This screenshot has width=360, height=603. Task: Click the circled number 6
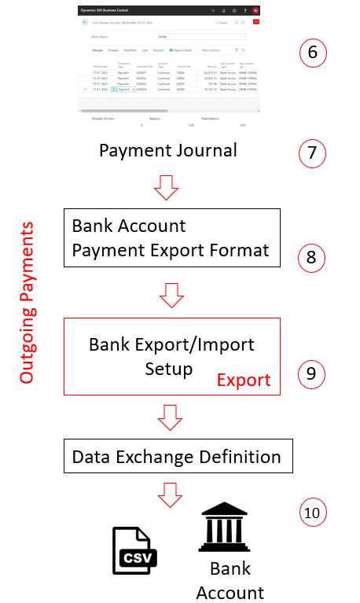pyautogui.click(x=313, y=53)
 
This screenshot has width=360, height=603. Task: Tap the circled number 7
pyautogui.click(x=313, y=152)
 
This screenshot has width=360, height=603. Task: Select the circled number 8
pyautogui.click(x=312, y=256)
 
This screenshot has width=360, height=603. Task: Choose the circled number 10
pyautogui.click(x=313, y=513)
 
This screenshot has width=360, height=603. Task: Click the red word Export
pyautogui.click(x=243, y=381)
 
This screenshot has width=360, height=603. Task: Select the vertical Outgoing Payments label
pyautogui.click(x=28, y=303)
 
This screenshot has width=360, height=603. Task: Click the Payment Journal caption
pyautogui.click(x=168, y=150)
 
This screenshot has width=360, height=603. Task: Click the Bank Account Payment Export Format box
pyautogui.click(x=171, y=237)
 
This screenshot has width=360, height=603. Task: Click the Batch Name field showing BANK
pyautogui.click(x=202, y=36)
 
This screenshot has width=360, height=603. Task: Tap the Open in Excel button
pyautogui.click(x=182, y=50)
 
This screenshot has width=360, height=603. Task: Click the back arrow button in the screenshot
pyautogui.click(x=85, y=23)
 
